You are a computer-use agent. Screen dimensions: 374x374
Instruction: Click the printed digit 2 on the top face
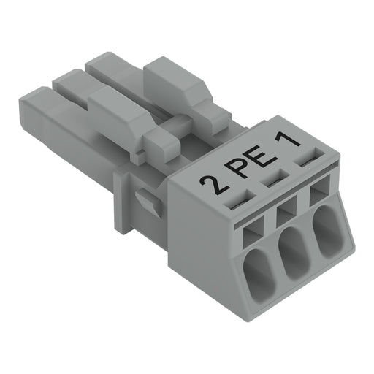214,184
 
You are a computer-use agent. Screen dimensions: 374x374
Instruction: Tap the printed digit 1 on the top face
288,141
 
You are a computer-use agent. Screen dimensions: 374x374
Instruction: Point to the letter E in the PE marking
264,156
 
